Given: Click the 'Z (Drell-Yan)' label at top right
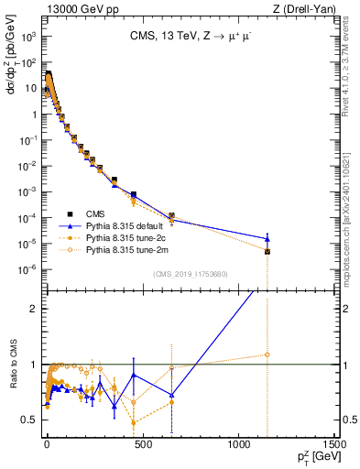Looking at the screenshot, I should [x=306, y=8].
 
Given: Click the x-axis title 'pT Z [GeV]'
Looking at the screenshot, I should [x=318, y=457].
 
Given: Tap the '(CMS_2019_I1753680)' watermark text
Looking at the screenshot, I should [x=190, y=274].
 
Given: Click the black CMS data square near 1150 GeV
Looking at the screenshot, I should [x=267, y=251].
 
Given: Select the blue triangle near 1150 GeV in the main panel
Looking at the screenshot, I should [x=267, y=238].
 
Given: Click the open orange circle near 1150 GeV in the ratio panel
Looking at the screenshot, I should [x=267, y=354].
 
